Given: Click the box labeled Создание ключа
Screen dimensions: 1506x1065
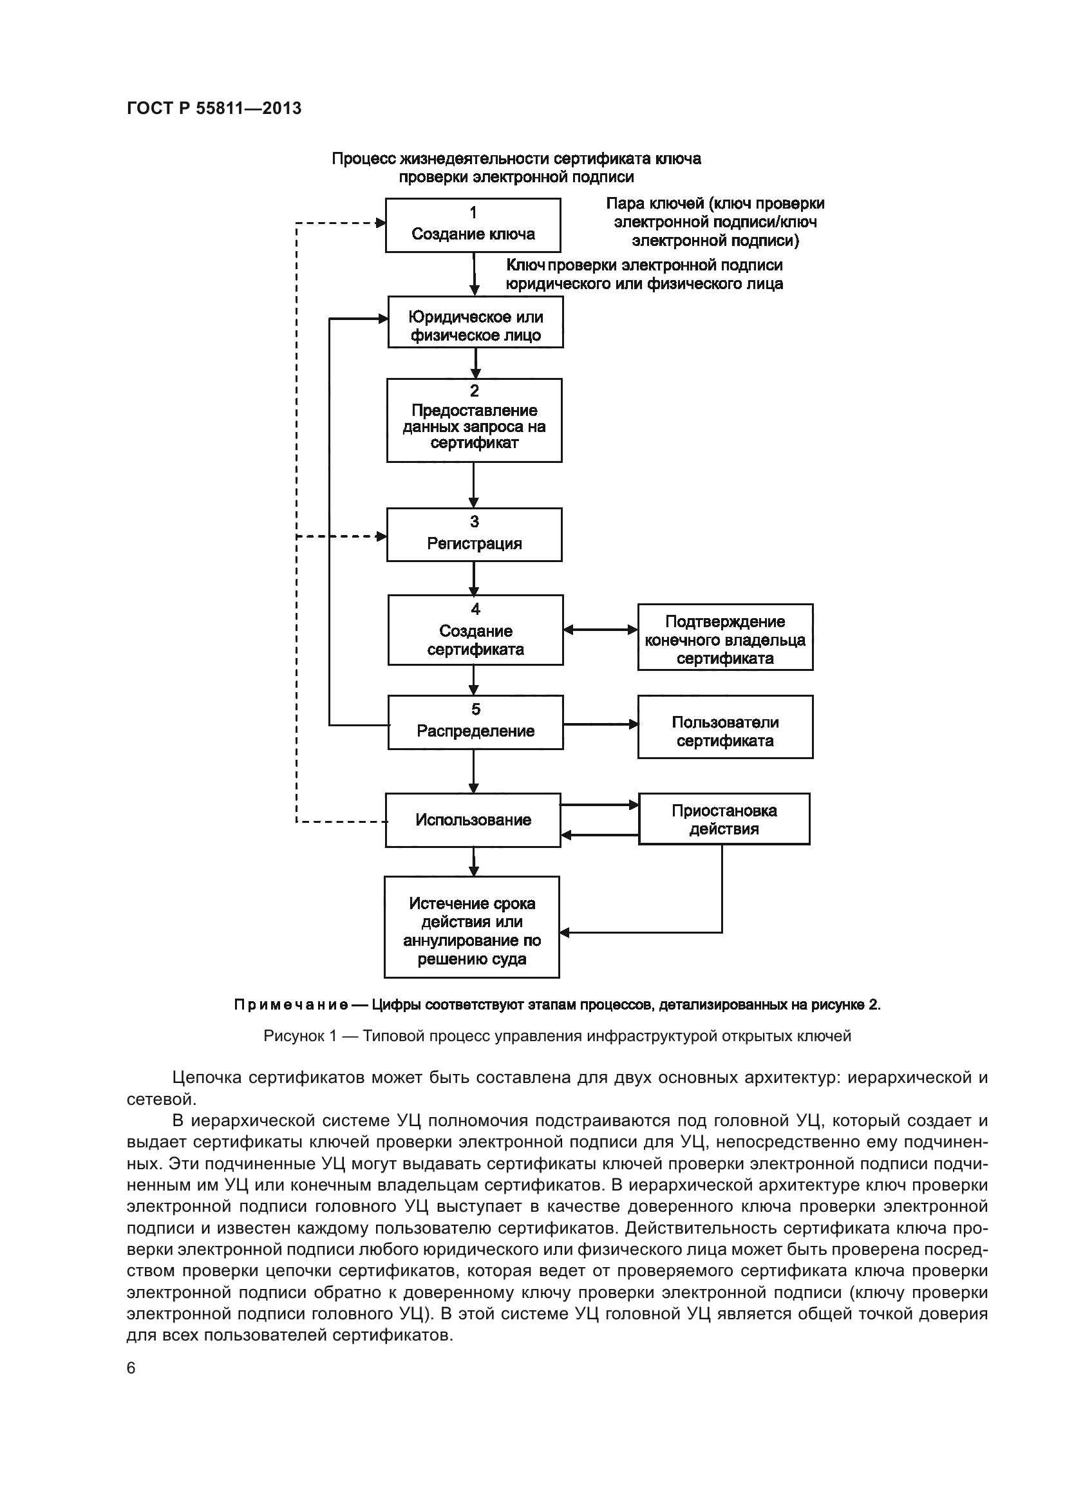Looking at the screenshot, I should tap(473, 225).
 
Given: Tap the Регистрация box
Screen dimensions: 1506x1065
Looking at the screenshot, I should tap(474, 534).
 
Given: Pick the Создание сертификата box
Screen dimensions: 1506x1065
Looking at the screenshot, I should tap(475, 630).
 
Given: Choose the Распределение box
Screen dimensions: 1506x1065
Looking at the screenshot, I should tap(475, 722).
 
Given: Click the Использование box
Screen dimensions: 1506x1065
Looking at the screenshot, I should tap(473, 820).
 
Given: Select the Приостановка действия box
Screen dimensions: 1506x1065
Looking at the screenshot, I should tap(724, 818).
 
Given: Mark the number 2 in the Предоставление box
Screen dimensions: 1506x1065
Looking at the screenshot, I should tap(474, 391).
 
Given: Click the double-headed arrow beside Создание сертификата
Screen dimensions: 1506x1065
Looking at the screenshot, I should tap(600, 630).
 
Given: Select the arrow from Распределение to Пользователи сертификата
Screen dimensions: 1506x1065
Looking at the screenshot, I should tap(600, 724).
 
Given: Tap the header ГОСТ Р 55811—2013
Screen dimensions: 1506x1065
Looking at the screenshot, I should tap(214, 108).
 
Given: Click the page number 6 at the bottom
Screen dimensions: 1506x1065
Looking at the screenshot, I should tap(131, 1368).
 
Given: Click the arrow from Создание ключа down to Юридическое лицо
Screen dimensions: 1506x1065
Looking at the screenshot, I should tap(475, 274).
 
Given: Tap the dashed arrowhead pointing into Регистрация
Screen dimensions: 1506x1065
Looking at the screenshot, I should tap(381, 536).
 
